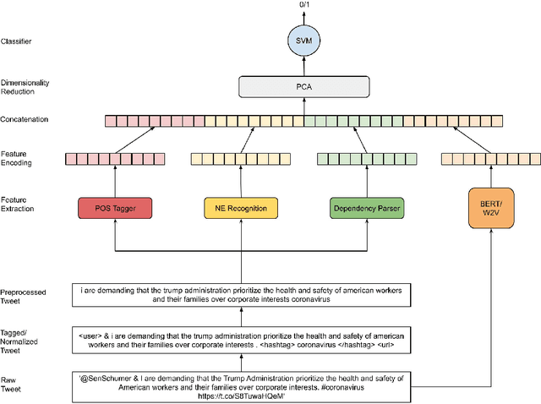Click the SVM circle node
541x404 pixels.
click(x=304, y=40)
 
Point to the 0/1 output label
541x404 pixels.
click(x=304, y=6)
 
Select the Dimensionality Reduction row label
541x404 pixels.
click(x=26, y=85)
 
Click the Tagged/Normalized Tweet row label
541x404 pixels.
click(x=23, y=340)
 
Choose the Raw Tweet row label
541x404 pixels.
click(x=14, y=381)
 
